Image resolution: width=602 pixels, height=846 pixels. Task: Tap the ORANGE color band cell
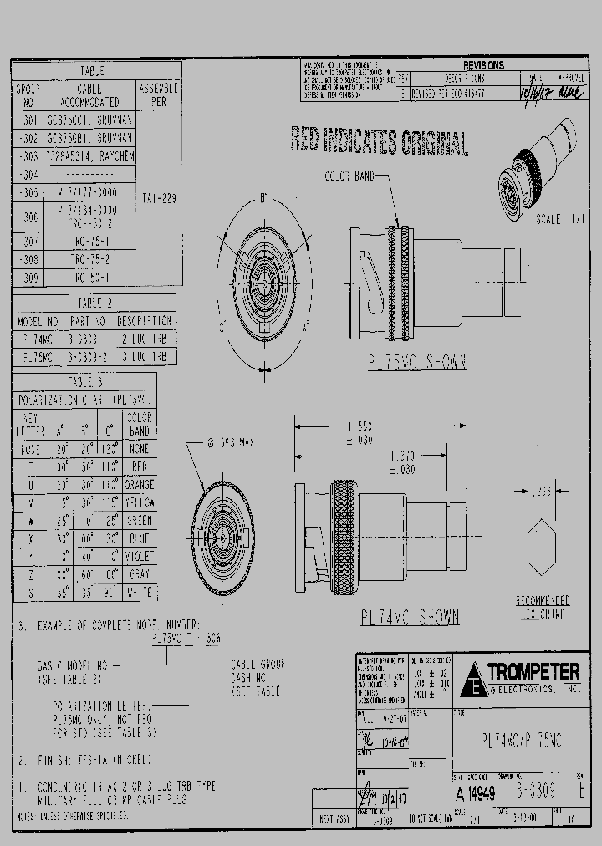pyautogui.click(x=140, y=485)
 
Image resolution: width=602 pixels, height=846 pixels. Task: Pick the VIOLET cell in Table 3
pyautogui.click(x=140, y=556)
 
